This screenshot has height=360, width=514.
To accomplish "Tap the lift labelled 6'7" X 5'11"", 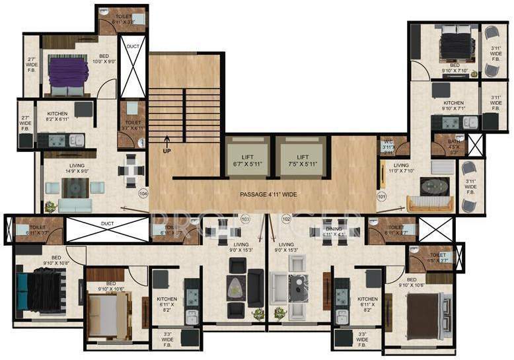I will (248, 161).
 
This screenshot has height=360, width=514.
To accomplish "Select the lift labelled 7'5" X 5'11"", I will (303, 161).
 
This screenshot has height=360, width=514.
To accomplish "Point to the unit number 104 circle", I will (142, 194).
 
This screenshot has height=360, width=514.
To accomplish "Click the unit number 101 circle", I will (381, 196).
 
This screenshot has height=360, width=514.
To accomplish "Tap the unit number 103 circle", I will (245, 219).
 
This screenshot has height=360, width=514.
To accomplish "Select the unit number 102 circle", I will (286, 219).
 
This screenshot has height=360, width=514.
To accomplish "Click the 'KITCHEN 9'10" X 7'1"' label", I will (453, 106).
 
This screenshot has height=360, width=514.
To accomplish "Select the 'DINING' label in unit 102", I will (334, 232).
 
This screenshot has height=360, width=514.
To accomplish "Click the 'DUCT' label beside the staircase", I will (133, 47).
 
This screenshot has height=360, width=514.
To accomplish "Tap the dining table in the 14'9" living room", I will (131, 170).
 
